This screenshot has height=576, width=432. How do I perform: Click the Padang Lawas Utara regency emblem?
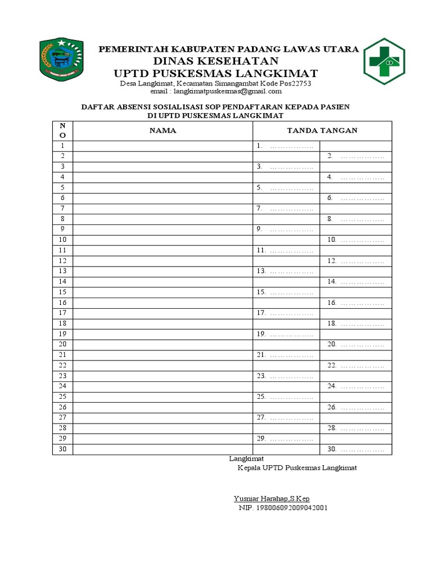pyautogui.click(x=61, y=59)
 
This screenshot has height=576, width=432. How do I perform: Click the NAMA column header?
pyautogui.click(x=163, y=130)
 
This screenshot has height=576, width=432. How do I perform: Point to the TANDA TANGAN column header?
pyautogui.click(x=322, y=130)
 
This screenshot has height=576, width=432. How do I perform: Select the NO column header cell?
pyautogui.click(x=63, y=130)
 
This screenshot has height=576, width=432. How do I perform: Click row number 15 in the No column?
pyautogui.click(x=63, y=292)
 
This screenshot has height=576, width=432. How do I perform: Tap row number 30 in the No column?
pyautogui.click(x=63, y=449)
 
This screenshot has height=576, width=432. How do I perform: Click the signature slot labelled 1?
pyautogui.click(x=286, y=146)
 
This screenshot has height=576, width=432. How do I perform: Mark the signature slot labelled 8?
pyautogui.click(x=355, y=219)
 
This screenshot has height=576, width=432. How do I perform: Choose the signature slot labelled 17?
pyautogui.click(x=286, y=313)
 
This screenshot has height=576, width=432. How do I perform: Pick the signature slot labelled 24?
pyautogui.click(x=355, y=386)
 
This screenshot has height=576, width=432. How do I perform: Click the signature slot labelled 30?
pyautogui.click(x=355, y=449)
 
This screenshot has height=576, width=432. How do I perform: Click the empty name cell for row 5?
pyautogui.click(x=163, y=187)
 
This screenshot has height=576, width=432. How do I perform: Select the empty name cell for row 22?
pyautogui.click(x=163, y=365)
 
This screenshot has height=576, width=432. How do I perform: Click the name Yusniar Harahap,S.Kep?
pyautogui.click(x=272, y=498)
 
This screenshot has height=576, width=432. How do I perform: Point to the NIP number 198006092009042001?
pyautogui.click(x=283, y=508)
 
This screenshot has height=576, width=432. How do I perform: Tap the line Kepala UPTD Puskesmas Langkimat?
pyautogui.click(x=297, y=468)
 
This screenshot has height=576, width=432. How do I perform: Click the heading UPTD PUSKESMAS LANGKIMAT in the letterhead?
pyautogui.click(x=216, y=74)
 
